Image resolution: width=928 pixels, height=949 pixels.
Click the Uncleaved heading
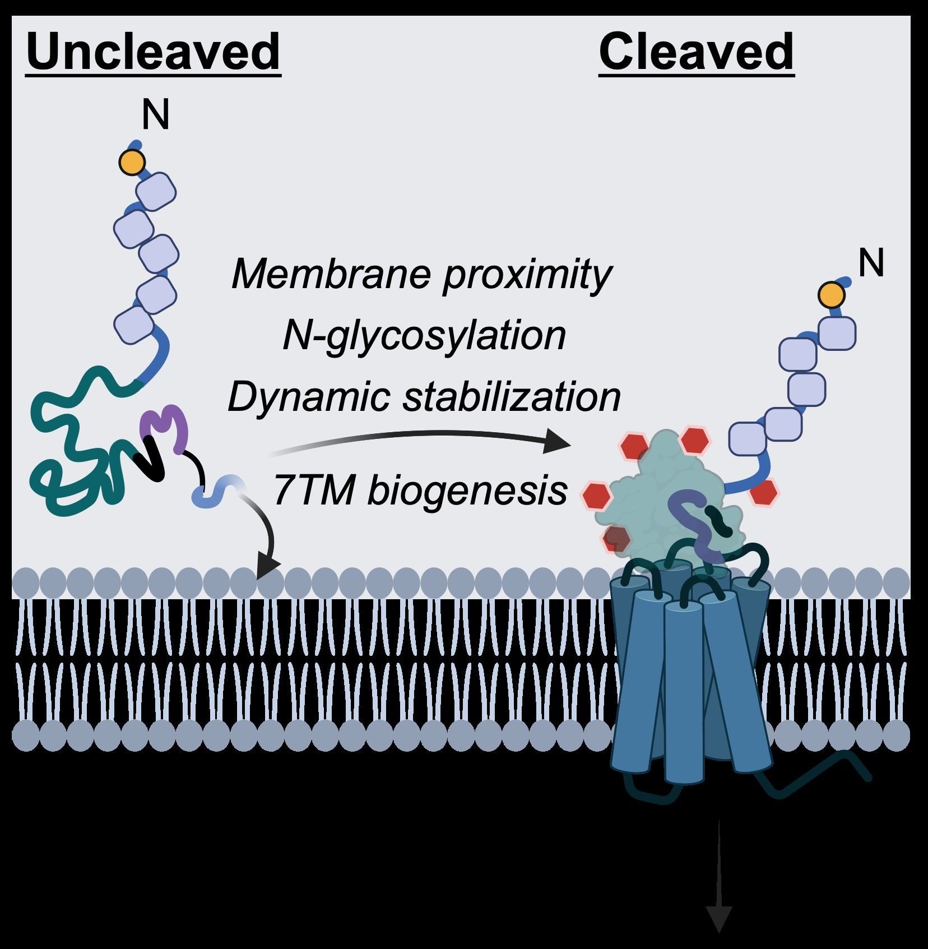click(153, 52)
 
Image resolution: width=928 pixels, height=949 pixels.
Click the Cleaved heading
click(697, 52)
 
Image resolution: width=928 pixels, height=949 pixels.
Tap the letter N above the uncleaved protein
click(155, 115)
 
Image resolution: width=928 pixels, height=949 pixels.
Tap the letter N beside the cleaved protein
click(871, 263)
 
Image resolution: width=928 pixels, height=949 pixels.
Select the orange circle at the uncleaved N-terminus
click(132, 163)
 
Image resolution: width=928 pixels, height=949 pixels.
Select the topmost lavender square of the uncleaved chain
click(156, 192)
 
